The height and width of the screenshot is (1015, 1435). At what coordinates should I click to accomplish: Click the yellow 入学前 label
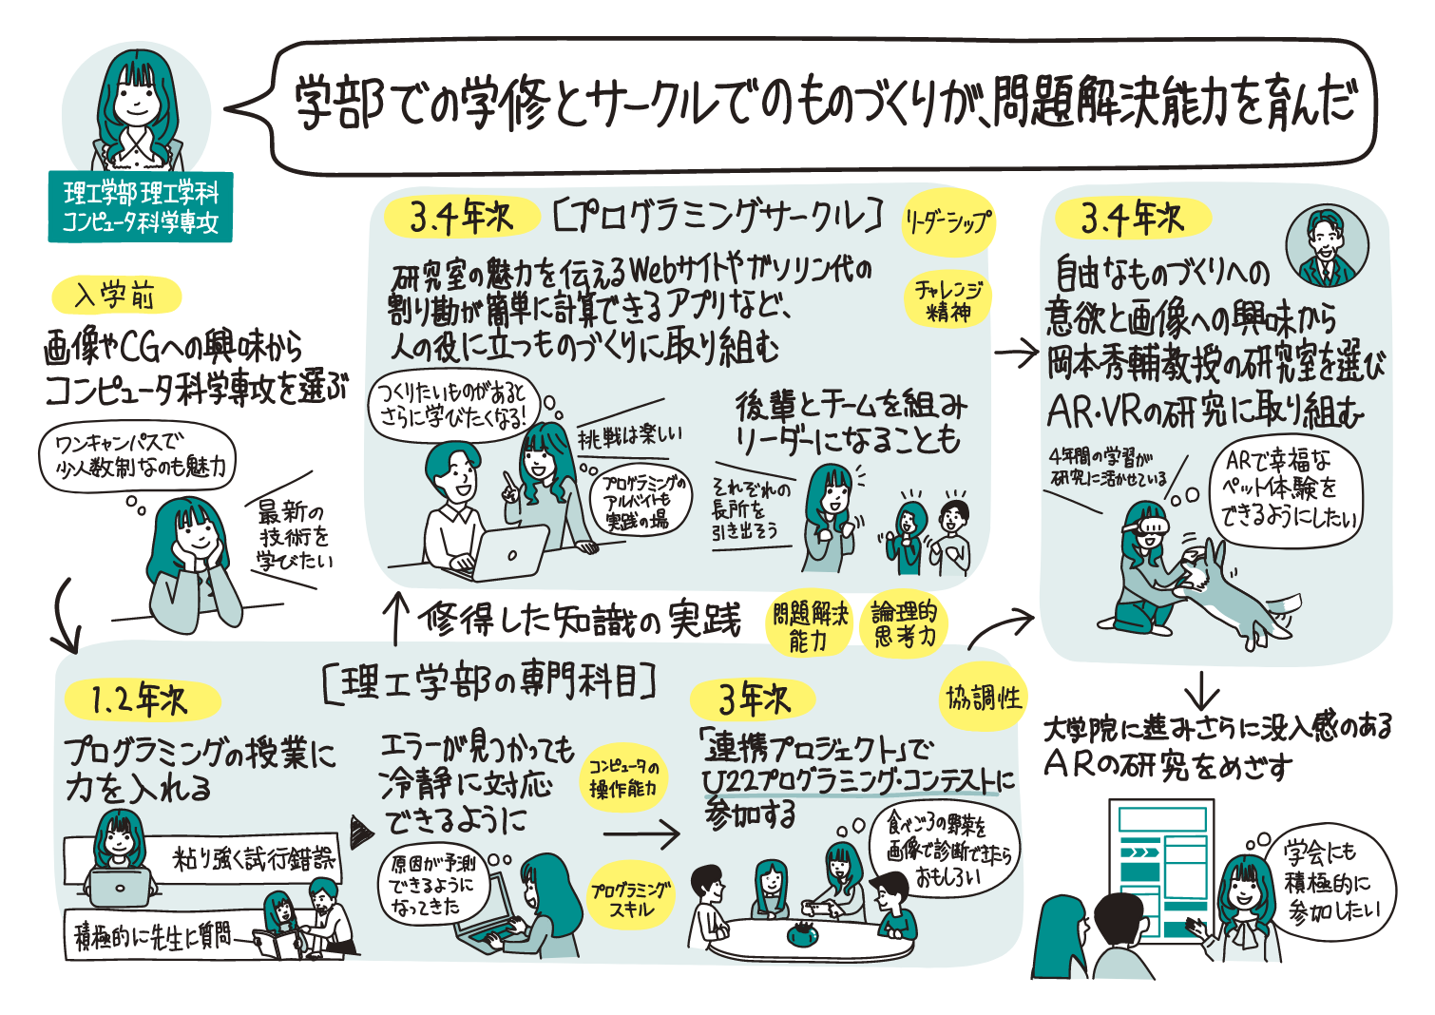117,296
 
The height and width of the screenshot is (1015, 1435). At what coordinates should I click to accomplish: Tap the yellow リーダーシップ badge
947,224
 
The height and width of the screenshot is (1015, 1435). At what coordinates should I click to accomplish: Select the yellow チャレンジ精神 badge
947,300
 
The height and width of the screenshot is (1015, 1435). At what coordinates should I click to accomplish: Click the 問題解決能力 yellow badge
809,626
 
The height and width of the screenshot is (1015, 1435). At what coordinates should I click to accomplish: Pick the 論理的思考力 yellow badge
904,625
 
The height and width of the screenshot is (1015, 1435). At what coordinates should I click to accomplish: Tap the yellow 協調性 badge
984,698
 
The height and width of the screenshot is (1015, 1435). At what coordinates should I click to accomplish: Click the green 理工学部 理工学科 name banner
141,207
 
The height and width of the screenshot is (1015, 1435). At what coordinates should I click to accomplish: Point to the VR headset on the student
1147,521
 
